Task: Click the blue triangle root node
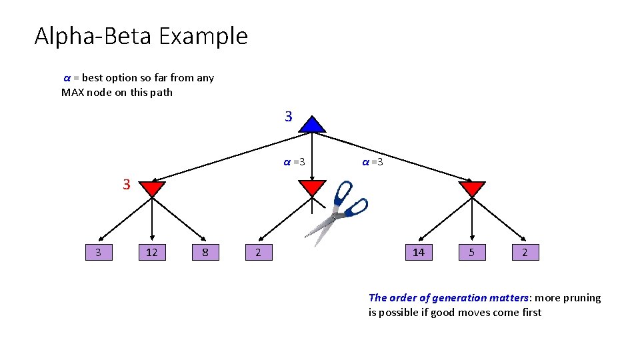(x=312, y=125)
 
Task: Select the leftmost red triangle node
(x=153, y=188)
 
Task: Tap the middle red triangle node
(x=312, y=187)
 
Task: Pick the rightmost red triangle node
(x=472, y=188)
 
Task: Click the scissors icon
(x=337, y=212)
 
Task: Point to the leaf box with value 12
(x=152, y=252)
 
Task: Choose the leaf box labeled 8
(x=205, y=252)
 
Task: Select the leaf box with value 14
(x=419, y=252)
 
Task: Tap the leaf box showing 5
(x=472, y=252)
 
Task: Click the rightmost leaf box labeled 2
(x=525, y=252)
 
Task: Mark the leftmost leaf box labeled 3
(x=99, y=252)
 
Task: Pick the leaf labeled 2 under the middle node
(x=258, y=252)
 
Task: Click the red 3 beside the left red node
(x=126, y=185)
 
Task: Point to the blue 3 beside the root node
(x=288, y=117)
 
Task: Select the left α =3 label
(x=294, y=162)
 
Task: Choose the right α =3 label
(x=372, y=162)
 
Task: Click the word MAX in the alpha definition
(x=73, y=92)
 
